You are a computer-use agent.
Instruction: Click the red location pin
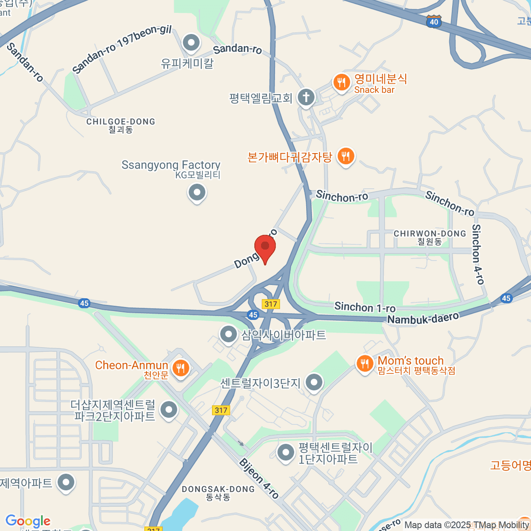click(x=265, y=247)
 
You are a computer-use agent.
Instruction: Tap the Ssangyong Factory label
click(x=171, y=165)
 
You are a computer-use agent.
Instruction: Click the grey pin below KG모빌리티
click(x=197, y=193)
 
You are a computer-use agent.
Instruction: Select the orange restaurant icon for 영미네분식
click(x=342, y=83)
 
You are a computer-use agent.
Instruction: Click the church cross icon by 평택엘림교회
click(x=306, y=97)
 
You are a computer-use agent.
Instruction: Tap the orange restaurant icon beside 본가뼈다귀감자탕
click(x=346, y=156)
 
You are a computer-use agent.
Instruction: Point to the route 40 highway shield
click(x=434, y=22)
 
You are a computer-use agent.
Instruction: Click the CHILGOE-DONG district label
click(x=121, y=122)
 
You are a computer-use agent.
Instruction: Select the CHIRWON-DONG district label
click(x=430, y=234)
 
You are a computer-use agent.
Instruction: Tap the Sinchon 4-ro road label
click(x=478, y=254)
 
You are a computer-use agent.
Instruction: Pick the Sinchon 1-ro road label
click(x=365, y=307)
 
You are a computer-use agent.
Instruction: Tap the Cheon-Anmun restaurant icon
click(x=180, y=368)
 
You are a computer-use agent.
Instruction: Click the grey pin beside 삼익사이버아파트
click(x=229, y=335)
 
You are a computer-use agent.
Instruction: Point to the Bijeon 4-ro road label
click(x=259, y=478)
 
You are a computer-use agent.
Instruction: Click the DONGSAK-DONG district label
click(x=218, y=489)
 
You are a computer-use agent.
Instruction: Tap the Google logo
click(x=28, y=521)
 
